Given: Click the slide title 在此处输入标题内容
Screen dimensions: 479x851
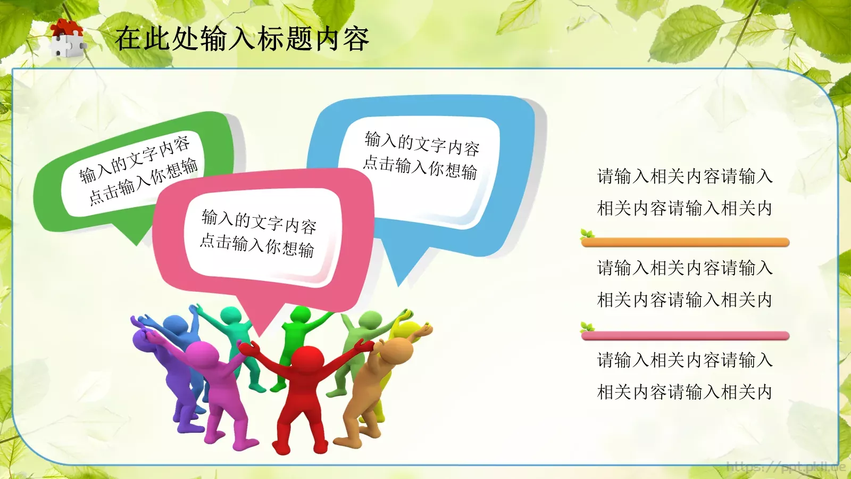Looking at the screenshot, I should click(x=242, y=39).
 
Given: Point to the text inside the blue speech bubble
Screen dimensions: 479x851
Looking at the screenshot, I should click(x=421, y=155).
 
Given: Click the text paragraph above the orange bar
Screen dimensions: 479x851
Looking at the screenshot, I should click(x=685, y=192).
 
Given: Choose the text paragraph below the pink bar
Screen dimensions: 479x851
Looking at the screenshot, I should click(x=685, y=376).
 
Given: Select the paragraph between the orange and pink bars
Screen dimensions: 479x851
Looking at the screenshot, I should click(x=685, y=284).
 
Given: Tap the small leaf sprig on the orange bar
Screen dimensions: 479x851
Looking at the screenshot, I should click(x=587, y=234).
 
